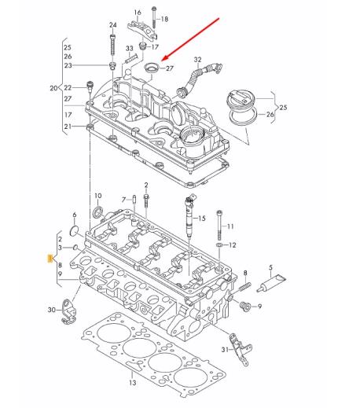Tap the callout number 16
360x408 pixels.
pos(138,13)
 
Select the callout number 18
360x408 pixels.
pos(164,17)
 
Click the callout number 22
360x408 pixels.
pos(68,87)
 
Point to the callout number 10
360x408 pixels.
pos(98,195)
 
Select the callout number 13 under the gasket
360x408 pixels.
pos(132,383)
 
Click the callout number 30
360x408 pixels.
pos(52,311)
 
